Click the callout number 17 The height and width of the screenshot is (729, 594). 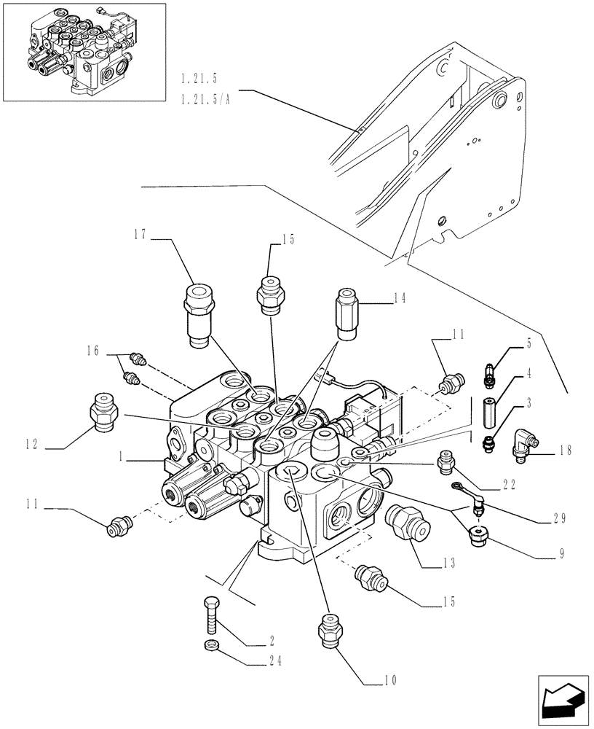coord(141,235)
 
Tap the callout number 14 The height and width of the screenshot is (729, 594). coord(400,298)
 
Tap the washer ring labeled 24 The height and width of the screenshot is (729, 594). coord(211,644)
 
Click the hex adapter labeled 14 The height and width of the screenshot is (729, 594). coord(348,311)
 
